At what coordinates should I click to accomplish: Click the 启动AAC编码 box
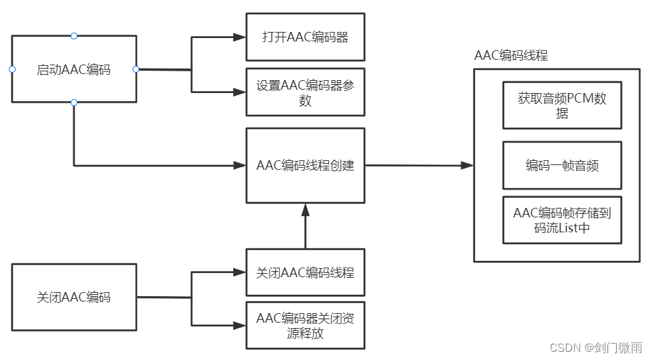[73, 69]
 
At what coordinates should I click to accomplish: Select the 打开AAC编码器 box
[305, 37]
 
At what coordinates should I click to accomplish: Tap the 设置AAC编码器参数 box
[305, 92]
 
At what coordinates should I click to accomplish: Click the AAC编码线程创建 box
[305, 165]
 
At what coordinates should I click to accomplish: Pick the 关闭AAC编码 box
[73, 297]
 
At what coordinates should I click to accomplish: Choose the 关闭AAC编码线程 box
[305, 272]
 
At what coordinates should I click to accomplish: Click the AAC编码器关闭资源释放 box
[305, 325]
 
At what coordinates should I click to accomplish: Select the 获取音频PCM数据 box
[562, 105]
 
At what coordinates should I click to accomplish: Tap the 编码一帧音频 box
[562, 165]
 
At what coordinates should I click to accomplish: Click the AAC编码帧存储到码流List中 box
[562, 220]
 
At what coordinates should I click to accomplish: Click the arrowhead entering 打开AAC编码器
[240, 37]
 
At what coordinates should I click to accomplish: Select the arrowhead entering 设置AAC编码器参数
[240, 92]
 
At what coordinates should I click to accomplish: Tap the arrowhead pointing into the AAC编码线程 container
[467, 165]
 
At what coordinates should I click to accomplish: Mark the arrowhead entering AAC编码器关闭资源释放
[240, 325]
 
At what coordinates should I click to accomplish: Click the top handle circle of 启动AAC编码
[74, 35]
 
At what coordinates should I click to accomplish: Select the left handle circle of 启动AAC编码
[12, 69]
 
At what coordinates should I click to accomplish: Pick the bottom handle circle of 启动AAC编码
[74, 103]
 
